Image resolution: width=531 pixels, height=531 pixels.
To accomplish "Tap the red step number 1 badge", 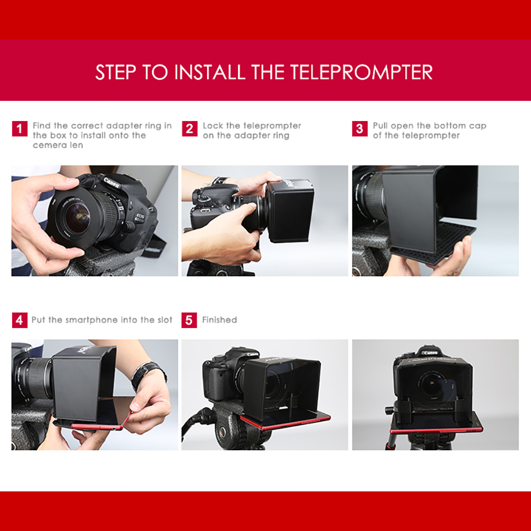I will coord(20,129).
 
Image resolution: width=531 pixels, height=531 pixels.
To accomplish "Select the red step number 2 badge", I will coord(190,129).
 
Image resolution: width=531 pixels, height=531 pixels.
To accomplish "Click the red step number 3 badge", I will coord(359,129).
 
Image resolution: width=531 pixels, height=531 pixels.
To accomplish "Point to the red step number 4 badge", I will coord(20,320).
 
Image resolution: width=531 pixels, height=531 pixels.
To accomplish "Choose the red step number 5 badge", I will coord(190,320).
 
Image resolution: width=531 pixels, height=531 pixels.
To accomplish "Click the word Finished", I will coord(219,320).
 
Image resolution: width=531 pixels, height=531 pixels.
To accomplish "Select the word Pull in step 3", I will coord(381,126).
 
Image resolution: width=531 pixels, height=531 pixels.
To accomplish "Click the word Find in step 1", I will coord(42,126).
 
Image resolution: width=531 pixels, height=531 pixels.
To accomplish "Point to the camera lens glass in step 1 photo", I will coord(78,218).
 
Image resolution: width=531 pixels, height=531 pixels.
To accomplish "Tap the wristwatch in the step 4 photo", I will coord(148,372).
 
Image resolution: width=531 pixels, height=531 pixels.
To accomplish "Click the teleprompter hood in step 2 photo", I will coord(290,210).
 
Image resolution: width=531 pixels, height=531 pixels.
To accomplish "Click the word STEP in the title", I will coord(115,72).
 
